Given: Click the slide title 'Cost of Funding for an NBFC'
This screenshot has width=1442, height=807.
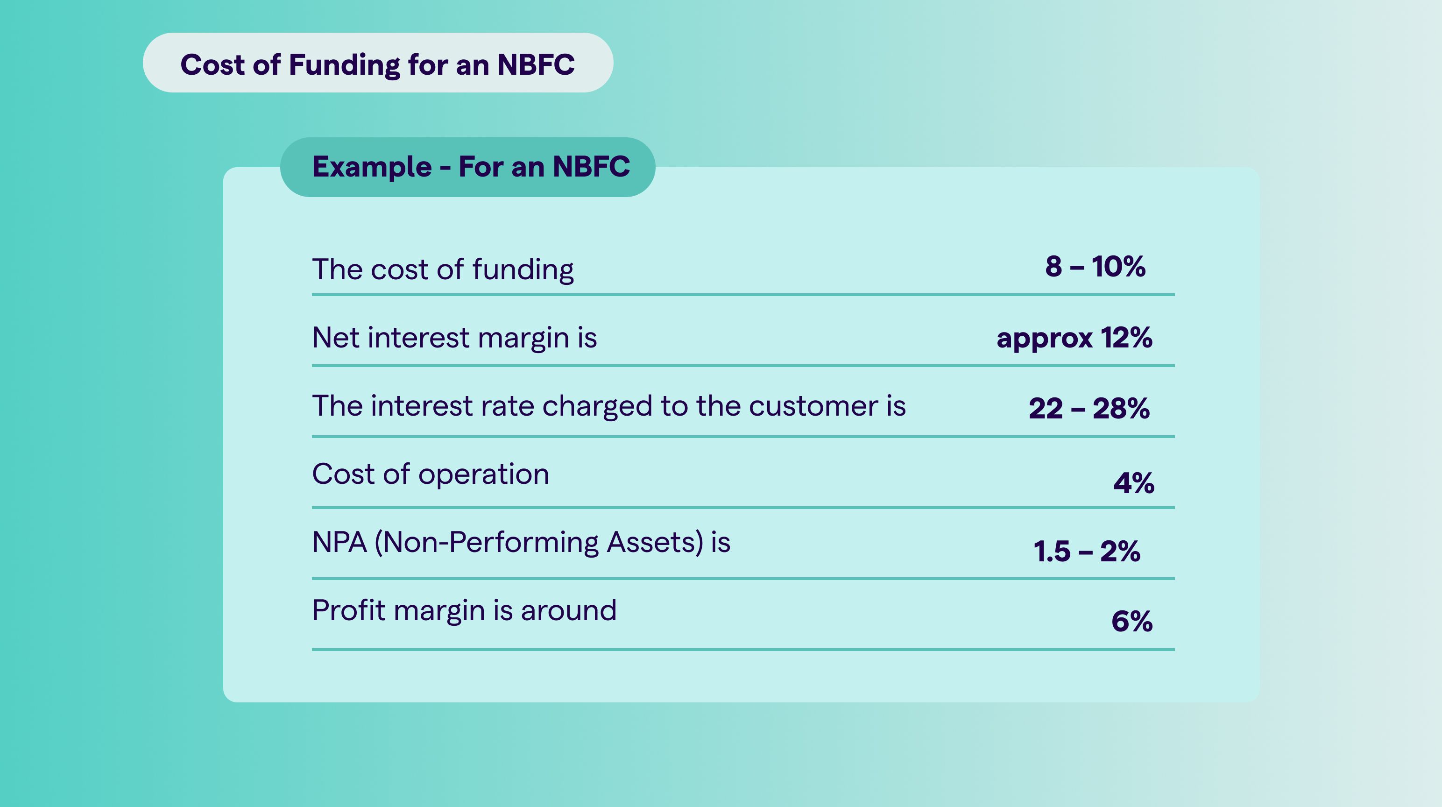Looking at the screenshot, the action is coord(377,64).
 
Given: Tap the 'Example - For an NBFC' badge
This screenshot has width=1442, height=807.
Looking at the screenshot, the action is coord(467,167).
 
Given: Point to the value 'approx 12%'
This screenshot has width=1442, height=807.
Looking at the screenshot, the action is coord(1074,338).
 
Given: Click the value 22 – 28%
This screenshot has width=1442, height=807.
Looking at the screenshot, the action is coord(1089,408).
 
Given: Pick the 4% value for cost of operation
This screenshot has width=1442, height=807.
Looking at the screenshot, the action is coord(1133,483).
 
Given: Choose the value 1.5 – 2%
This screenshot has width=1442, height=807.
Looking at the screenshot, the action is coord(1087,551).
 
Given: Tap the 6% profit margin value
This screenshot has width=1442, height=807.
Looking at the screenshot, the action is coord(1132,621).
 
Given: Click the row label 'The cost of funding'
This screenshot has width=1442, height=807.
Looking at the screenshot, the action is coord(443,270).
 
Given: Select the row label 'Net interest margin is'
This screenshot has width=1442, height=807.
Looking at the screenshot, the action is coord(454,338).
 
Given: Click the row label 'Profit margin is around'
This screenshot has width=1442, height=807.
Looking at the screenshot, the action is coord(464,610).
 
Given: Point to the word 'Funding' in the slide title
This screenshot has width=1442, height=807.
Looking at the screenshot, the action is coord(344,65).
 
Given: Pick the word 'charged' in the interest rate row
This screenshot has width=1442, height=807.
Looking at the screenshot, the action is coord(597,407).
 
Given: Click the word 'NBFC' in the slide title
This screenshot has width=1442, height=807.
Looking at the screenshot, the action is coord(536,64).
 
